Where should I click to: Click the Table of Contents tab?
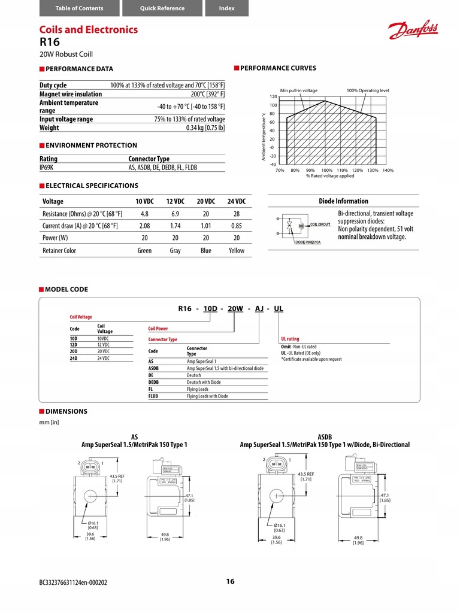(x=79, y=8)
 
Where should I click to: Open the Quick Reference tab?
(x=162, y=8)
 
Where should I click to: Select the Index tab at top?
(x=226, y=8)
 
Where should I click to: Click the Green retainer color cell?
(x=144, y=251)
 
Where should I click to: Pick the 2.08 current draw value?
(x=144, y=226)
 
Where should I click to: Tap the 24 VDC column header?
(x=237, y=201)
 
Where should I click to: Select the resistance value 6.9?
(x=175, y=214)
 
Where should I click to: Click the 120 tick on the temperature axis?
(x=273, y=96)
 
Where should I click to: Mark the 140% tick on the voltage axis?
(x=388, y=171)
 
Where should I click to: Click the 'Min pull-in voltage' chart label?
(x=298, y=90)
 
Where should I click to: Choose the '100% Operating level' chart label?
(x=367, y=90)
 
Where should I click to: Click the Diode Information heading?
(x=343, y=201)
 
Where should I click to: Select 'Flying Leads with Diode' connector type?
(x=207, y=396)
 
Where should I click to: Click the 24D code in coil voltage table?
(x=74, y=358)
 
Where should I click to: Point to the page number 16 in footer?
(x=230, y=581)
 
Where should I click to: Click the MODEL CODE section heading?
(x=66, y=289)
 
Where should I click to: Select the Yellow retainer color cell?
(x=237, y=251)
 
